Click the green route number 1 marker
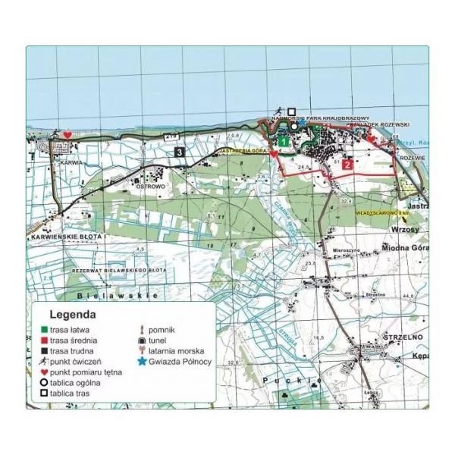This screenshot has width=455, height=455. pos(282,141)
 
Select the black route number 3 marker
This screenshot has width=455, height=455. pos(179,152)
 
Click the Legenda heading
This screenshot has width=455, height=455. pos(72,313)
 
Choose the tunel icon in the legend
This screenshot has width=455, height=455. pos(143,340)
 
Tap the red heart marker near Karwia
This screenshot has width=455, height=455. pos(67,135)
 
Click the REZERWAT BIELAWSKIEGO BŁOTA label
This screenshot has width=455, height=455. pos(117,270)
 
